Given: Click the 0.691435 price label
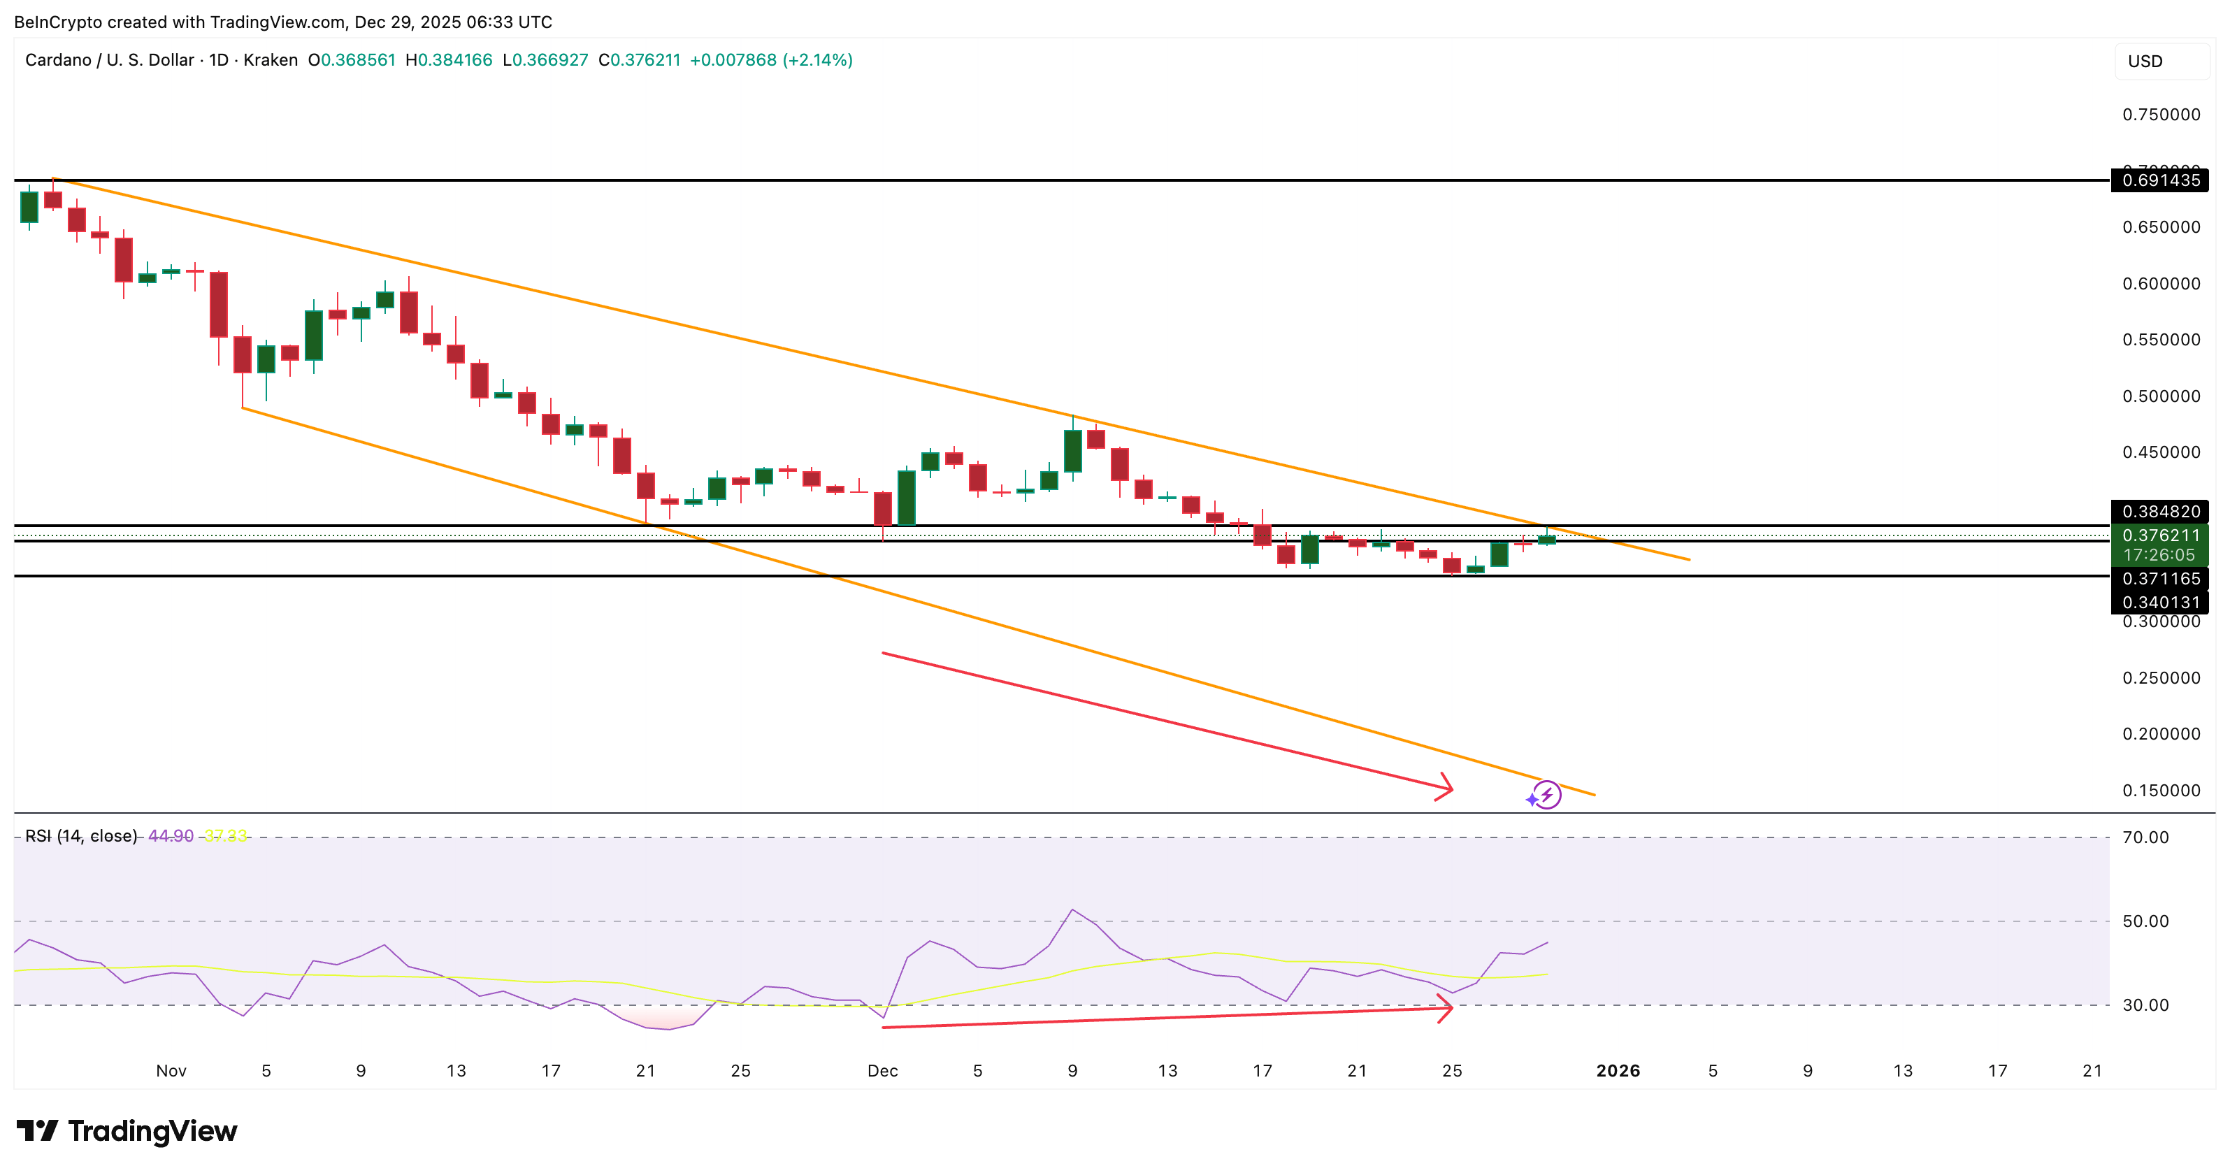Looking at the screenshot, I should pyautogui.click(x=2160, y=180).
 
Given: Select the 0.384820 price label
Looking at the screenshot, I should pyautogui.click(x=2160, y=512).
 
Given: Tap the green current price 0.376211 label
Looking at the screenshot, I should pyautogui.click(x=2160, y=536).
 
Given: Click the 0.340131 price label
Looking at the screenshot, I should pyautogui.click(x=2160, y=603).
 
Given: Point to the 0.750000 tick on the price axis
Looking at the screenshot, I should pyautogui.click(x=2160, y=114).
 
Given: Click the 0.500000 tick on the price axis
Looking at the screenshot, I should pyautogui.click(x=2160, y=396).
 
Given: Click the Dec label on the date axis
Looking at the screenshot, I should pyautogui.click(x=882, y=1071).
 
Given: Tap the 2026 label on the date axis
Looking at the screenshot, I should pyautogui.click(x=1617, y=1071).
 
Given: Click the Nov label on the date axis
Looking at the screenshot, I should pyautogui.click(x=171, y=1071).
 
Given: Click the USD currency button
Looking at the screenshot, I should pyautogui.click(x=2145, y=62).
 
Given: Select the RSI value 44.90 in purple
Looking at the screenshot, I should pyautogui.click(x=171, y=836).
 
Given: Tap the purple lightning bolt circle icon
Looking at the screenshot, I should pyautogui.click(x=1546, y=795).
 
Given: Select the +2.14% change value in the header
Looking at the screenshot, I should pyautogui.click(x=817, y=59).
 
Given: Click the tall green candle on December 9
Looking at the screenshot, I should pyautogui.click(x=1072, y=451).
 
